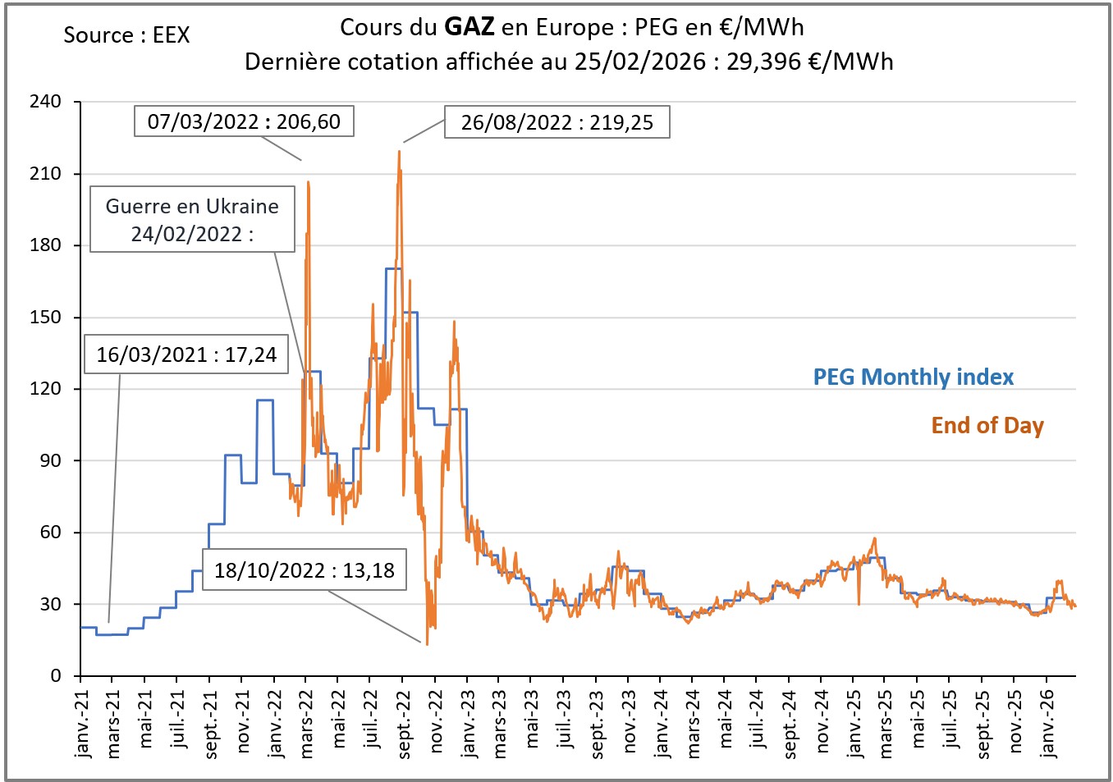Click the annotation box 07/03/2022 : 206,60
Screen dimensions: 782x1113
(x=244, y=121)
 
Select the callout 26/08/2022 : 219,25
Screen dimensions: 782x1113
(x=556, y=122)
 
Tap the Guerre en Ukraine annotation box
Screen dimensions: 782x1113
(x=192, y=219)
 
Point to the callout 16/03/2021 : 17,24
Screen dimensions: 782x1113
(x=186, y=354)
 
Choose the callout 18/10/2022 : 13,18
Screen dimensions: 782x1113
(x=304, y=570)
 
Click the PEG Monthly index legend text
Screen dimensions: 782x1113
(x=913, y=377)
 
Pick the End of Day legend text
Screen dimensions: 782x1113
(x=987, y=425)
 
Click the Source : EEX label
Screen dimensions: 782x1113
(x=126, y=35)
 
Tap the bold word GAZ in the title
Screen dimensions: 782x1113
(x=469, y=27)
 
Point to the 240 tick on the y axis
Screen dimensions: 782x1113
(x=45, y=101)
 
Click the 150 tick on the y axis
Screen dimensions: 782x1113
(x=45, y=317)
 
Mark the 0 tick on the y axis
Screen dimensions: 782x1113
(x=56, y=675)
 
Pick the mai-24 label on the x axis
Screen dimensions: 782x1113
(x=725, y=719)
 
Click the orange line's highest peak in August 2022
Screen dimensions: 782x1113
(x=400, y=150)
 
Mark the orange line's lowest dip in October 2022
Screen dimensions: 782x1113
(x=427, y=644)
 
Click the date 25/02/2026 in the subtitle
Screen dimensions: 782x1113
(x=640, y=62)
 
